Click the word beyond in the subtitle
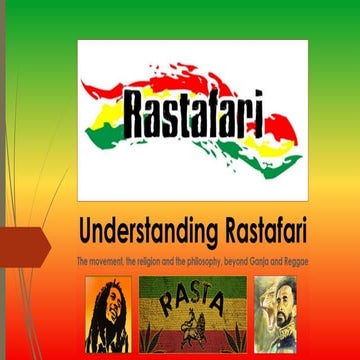point(230,262)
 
